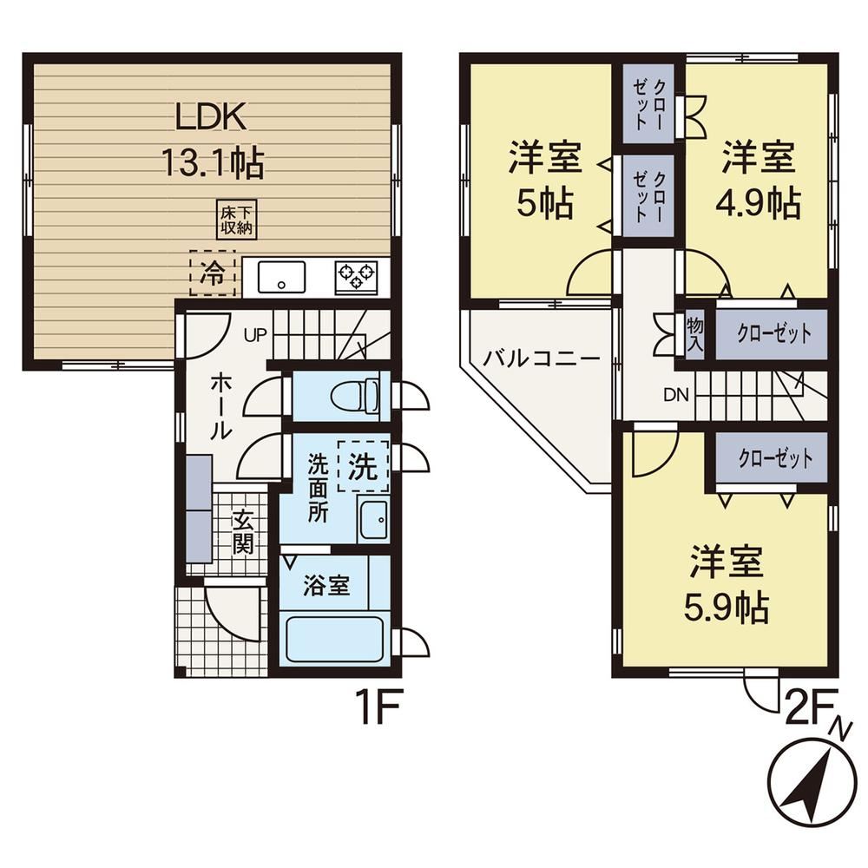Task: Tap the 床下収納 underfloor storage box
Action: (237, 220)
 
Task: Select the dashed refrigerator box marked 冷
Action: (213, 273)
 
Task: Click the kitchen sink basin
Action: (282, 278)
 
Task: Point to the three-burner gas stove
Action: (357, 278)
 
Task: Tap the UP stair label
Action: (256, 334)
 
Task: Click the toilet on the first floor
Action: (355, 396)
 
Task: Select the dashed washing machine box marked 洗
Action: (363, 466)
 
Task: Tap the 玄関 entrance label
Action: (242, 532)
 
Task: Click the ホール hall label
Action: (220, 405)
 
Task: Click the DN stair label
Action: (676, 395)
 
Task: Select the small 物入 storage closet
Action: (694, 334)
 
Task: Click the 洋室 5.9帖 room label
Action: (727, 584)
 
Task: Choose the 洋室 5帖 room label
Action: (545, 180)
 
